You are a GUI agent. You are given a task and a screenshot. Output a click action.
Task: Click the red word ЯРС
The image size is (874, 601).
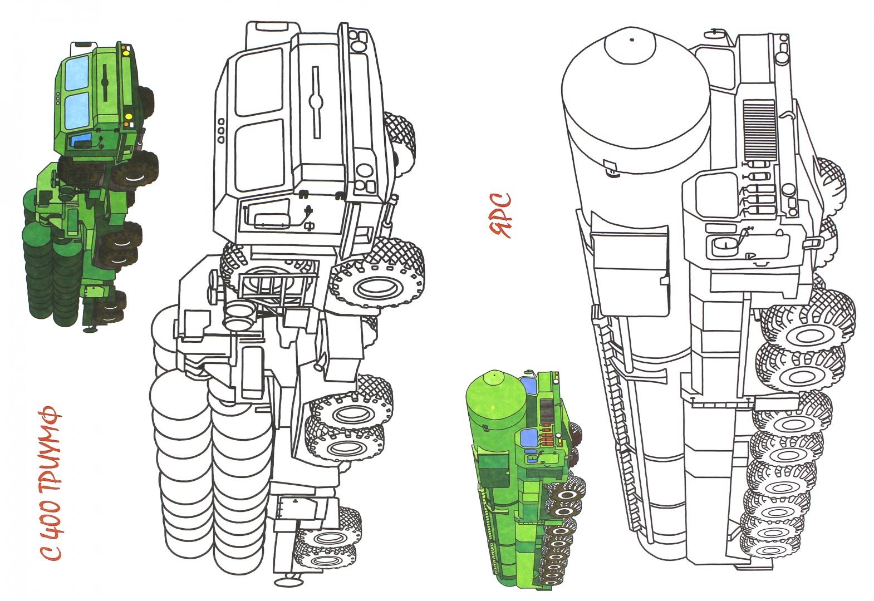point(500,215)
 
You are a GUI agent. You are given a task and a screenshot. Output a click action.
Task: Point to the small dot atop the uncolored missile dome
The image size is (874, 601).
point(631,40)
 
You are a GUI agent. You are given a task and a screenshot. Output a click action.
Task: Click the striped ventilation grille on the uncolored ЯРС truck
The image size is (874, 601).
point(759,130)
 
